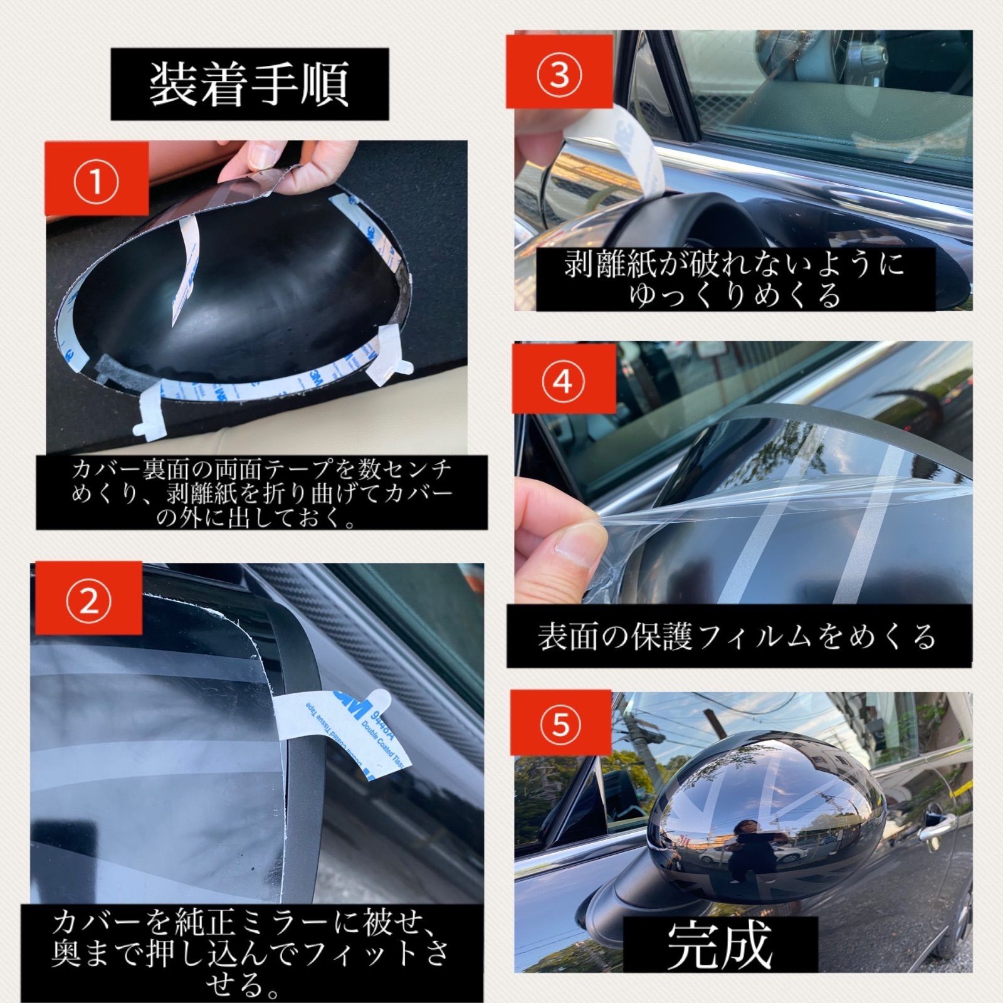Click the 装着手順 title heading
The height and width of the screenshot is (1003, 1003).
pyautogui.click(x=249, y=84)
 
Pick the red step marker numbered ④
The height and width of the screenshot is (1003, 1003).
pyautogui.click(x=562, y=381)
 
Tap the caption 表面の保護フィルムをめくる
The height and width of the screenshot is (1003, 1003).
pyautogui.click(x=738, y=636)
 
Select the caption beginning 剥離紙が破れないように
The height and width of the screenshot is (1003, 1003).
pyautogui.click(x=735, y=279)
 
